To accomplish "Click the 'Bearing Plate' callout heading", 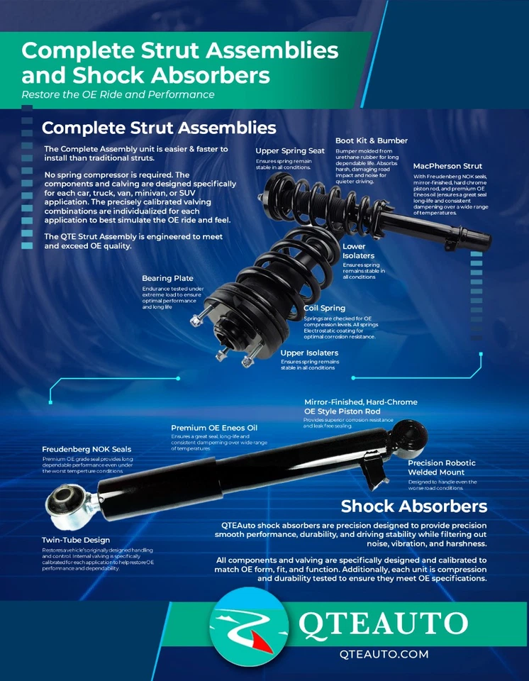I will [x=167, y=278].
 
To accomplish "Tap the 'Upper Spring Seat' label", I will [x=290, y=150].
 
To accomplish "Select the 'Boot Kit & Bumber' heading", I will [x=371, y=140].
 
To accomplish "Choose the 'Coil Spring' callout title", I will [x=325, y=308].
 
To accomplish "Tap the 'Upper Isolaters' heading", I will [x=309, y=353].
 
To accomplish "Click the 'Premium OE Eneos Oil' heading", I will [x=214, y=428].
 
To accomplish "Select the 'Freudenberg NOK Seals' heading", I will [x=87, y=449].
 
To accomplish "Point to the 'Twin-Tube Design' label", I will [x=76, y=540].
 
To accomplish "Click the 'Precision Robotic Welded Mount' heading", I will [x=441, y=467].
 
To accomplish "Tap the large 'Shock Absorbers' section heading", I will [x=413, y=506].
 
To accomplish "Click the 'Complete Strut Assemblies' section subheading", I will [x=159, y=128].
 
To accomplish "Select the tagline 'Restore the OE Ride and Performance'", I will [x=118, y=94].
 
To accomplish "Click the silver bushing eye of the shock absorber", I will [x=67, y=506].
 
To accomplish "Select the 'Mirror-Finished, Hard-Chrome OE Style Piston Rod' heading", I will [x=360, y=406].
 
